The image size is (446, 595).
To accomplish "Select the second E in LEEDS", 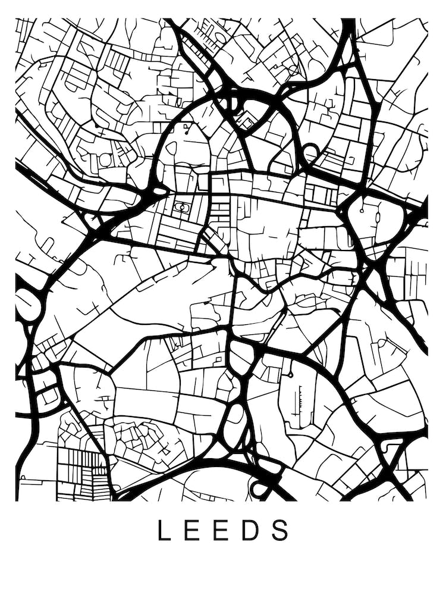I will pyautogui.click(x=225, y=530).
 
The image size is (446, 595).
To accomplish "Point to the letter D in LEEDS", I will pyautogui.click(x=255, y=530).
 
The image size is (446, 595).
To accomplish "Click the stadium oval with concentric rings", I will pyautogui.click(x=181, y=208).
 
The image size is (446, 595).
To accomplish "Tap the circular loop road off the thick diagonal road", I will pyautogui.click(x=311, y=154).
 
